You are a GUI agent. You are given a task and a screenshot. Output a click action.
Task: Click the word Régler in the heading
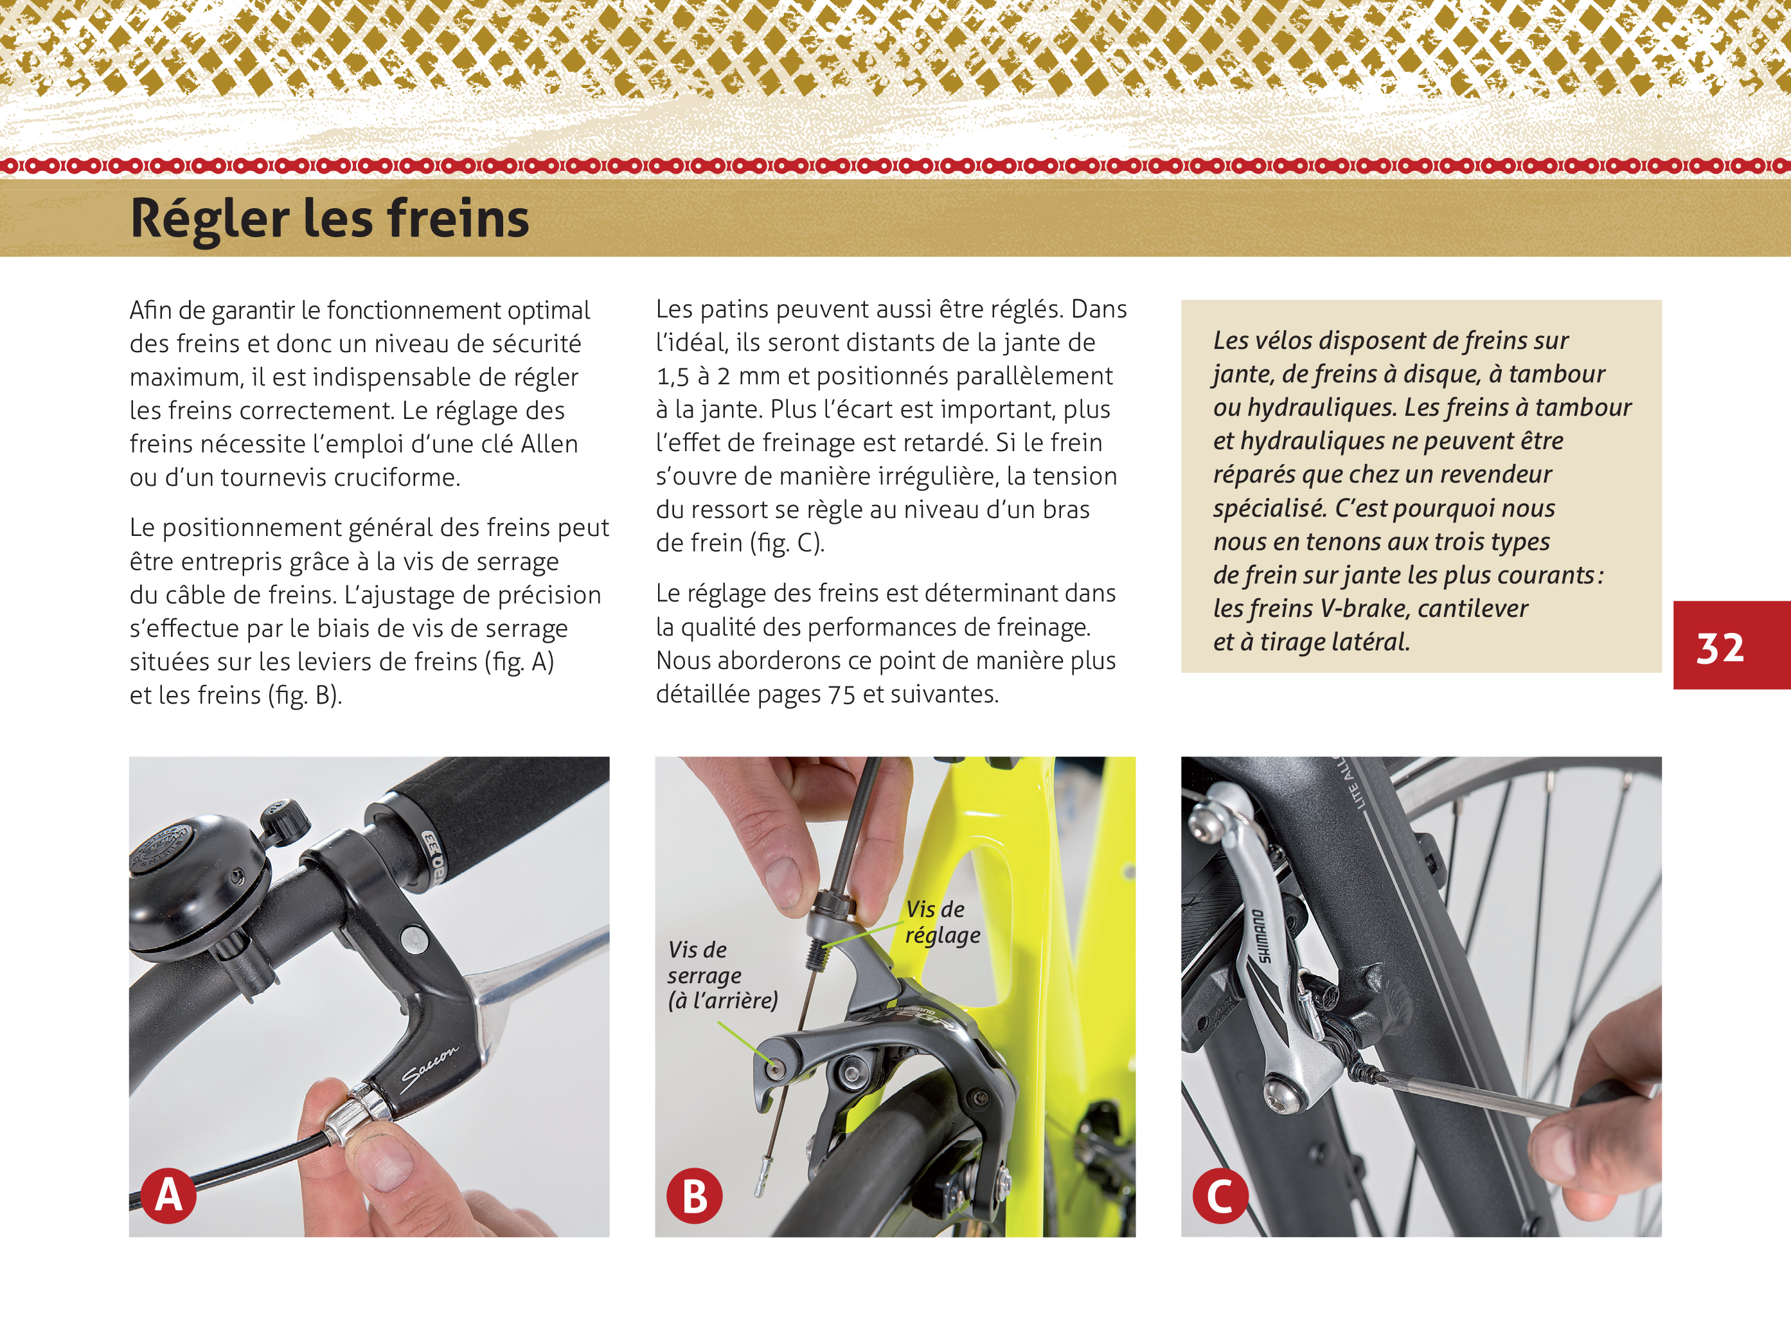209,219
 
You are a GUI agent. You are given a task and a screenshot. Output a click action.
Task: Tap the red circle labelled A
168,1195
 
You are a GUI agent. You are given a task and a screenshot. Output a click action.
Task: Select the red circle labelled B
694,1196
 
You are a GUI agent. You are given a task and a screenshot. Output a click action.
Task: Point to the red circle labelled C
1219,1196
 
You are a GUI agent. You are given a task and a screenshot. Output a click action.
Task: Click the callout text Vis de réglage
941,922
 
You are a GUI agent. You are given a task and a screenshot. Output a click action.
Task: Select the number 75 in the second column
842,695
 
